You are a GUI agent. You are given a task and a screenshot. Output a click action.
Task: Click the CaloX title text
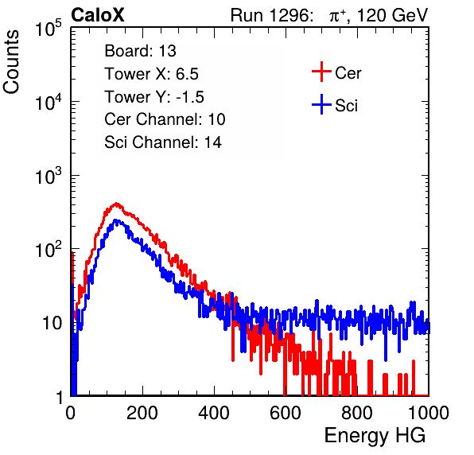(97, 15)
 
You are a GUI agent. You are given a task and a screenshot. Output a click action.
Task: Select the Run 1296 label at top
(272, 15)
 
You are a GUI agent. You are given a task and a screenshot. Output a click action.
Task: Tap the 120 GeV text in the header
(392, 15)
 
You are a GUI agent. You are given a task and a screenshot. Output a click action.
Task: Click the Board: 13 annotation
(140, 51)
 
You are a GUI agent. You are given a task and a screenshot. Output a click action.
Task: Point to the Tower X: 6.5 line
(151, 74)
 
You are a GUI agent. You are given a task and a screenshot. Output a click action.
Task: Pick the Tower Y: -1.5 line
(154, 97)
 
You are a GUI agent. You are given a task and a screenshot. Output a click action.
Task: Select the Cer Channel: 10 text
(165, 119)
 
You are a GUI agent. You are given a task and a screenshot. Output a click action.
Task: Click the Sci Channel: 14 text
(163, 142)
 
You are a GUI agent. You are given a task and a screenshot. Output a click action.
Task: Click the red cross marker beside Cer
(321, 72)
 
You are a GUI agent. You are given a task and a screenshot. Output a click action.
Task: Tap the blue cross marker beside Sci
(321, 104)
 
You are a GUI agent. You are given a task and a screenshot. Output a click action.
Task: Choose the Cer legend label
(348, 73)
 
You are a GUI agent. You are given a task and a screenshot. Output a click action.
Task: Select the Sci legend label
(346, 106)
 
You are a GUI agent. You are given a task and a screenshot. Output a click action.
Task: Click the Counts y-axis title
(11, 62)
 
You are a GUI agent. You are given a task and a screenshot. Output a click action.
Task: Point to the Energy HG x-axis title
(375, 435)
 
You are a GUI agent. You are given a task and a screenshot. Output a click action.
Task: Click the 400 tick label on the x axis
(214, 413)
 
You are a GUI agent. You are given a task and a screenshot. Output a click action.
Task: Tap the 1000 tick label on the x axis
(429, 413)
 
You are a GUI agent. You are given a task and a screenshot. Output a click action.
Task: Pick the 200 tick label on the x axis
(142, 413)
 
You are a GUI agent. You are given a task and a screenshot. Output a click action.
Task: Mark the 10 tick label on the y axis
(52, 323)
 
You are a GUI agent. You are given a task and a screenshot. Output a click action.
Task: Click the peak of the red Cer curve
(116, 204)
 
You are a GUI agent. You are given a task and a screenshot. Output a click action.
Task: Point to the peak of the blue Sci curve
(116, 220)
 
